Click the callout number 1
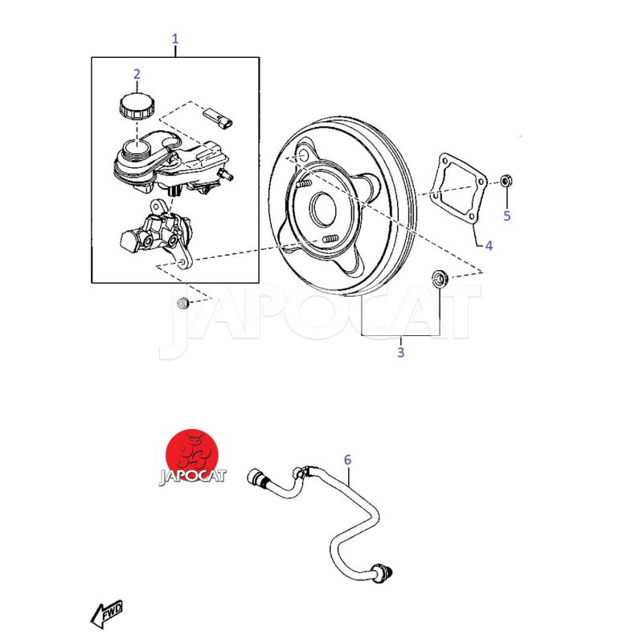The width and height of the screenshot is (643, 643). click(x=175, y=39)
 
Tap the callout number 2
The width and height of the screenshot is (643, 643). click(x=137, y=74)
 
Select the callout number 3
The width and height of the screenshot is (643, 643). click(x=400, y=352)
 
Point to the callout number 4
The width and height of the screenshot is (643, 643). click(x=489, y=246)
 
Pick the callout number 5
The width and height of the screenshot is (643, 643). click(x=507, y=215)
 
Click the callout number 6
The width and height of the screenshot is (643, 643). click(x=347, y=460)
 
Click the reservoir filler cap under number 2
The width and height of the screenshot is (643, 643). click(x=137, y=106)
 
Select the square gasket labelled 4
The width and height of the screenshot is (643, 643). click(x=458, y=190)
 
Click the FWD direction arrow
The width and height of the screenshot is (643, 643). click(x=106, y=614)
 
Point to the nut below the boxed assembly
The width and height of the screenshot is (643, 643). click(x=182, y=303)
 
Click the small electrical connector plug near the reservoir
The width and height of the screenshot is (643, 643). click(x=218, y=119)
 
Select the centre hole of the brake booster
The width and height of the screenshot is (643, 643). click(x=325, y=209)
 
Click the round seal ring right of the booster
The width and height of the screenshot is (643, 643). click(x=440, y=278)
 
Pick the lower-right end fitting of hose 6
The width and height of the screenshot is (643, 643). click(x=383, y=572)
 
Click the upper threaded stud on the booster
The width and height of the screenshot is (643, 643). click(x=304, y=183)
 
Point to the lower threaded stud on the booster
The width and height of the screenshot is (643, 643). click(x=330, y=239)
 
